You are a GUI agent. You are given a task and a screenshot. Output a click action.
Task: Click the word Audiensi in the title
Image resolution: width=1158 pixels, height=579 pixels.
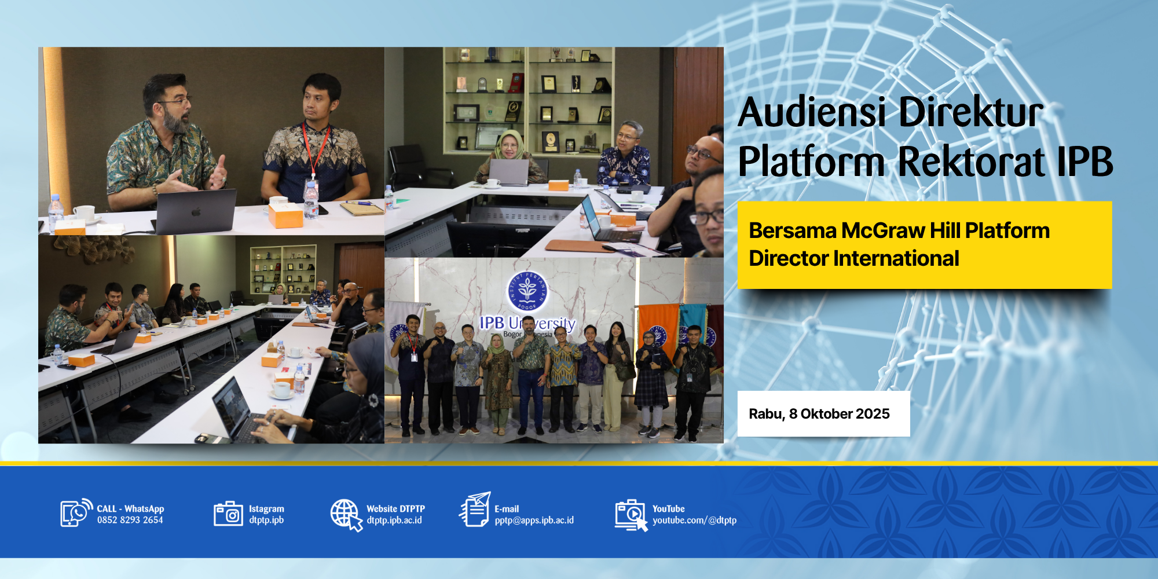pyautogui.click(x=812, y=112)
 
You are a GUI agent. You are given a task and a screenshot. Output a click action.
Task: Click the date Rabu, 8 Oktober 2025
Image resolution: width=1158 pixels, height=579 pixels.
pyautogui.click(x=819, y=413)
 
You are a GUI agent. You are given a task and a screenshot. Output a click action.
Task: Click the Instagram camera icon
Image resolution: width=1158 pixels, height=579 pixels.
pyautogui.click(x=228, y=514)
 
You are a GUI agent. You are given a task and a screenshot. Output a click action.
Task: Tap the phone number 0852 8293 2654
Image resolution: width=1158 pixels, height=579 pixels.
pyautogui.click(x=130, y=520)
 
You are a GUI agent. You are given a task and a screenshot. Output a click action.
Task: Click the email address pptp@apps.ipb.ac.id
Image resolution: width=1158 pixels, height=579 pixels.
pyautogui.click(x=534, y=520)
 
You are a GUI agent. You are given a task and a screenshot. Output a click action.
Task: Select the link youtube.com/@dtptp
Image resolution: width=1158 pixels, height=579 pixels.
pyautogui.click(x=694, y=520)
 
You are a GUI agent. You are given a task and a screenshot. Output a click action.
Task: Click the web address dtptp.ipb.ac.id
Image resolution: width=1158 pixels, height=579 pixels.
pyautogui.click(x=394, y=520)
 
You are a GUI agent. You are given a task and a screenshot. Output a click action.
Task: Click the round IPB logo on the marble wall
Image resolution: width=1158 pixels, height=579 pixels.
pyautogui.click(x=527, y=291)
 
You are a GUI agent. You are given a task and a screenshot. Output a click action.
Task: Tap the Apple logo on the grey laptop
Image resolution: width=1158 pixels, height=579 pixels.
pyautogui.click(x=196, y=212)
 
